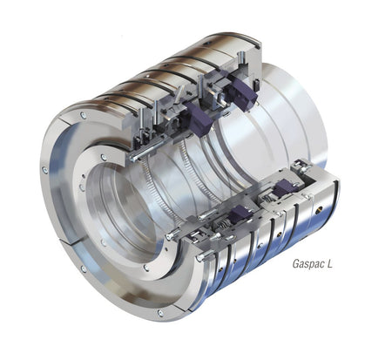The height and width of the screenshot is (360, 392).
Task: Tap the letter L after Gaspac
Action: click(329, 263)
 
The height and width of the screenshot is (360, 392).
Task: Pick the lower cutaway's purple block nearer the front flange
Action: click(240, 214)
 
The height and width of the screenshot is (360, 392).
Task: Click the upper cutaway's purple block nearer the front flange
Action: click(199, 119)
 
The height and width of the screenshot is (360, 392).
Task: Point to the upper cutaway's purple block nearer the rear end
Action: click(241, 91)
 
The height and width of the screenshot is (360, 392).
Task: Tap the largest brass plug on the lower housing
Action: click(321, 207)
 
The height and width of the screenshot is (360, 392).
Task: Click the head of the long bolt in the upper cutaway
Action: click(132, 158)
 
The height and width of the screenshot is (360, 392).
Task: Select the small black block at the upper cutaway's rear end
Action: click(256, 85)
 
